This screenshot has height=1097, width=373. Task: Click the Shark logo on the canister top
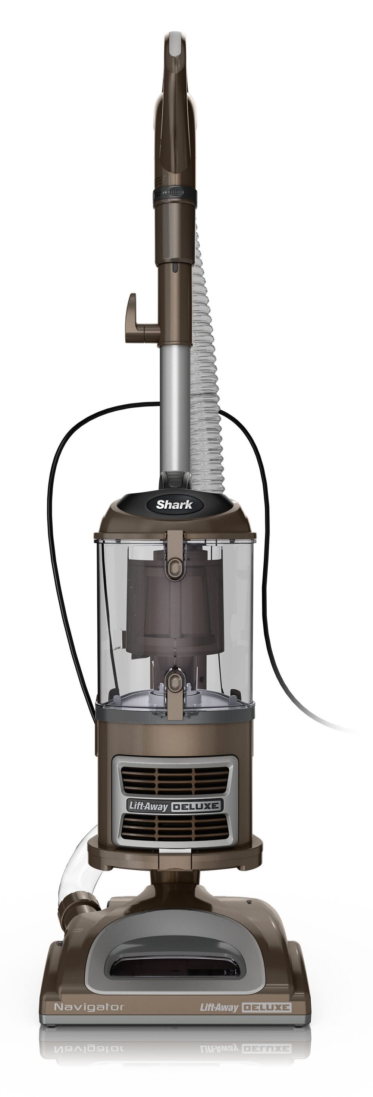[174, 505]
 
